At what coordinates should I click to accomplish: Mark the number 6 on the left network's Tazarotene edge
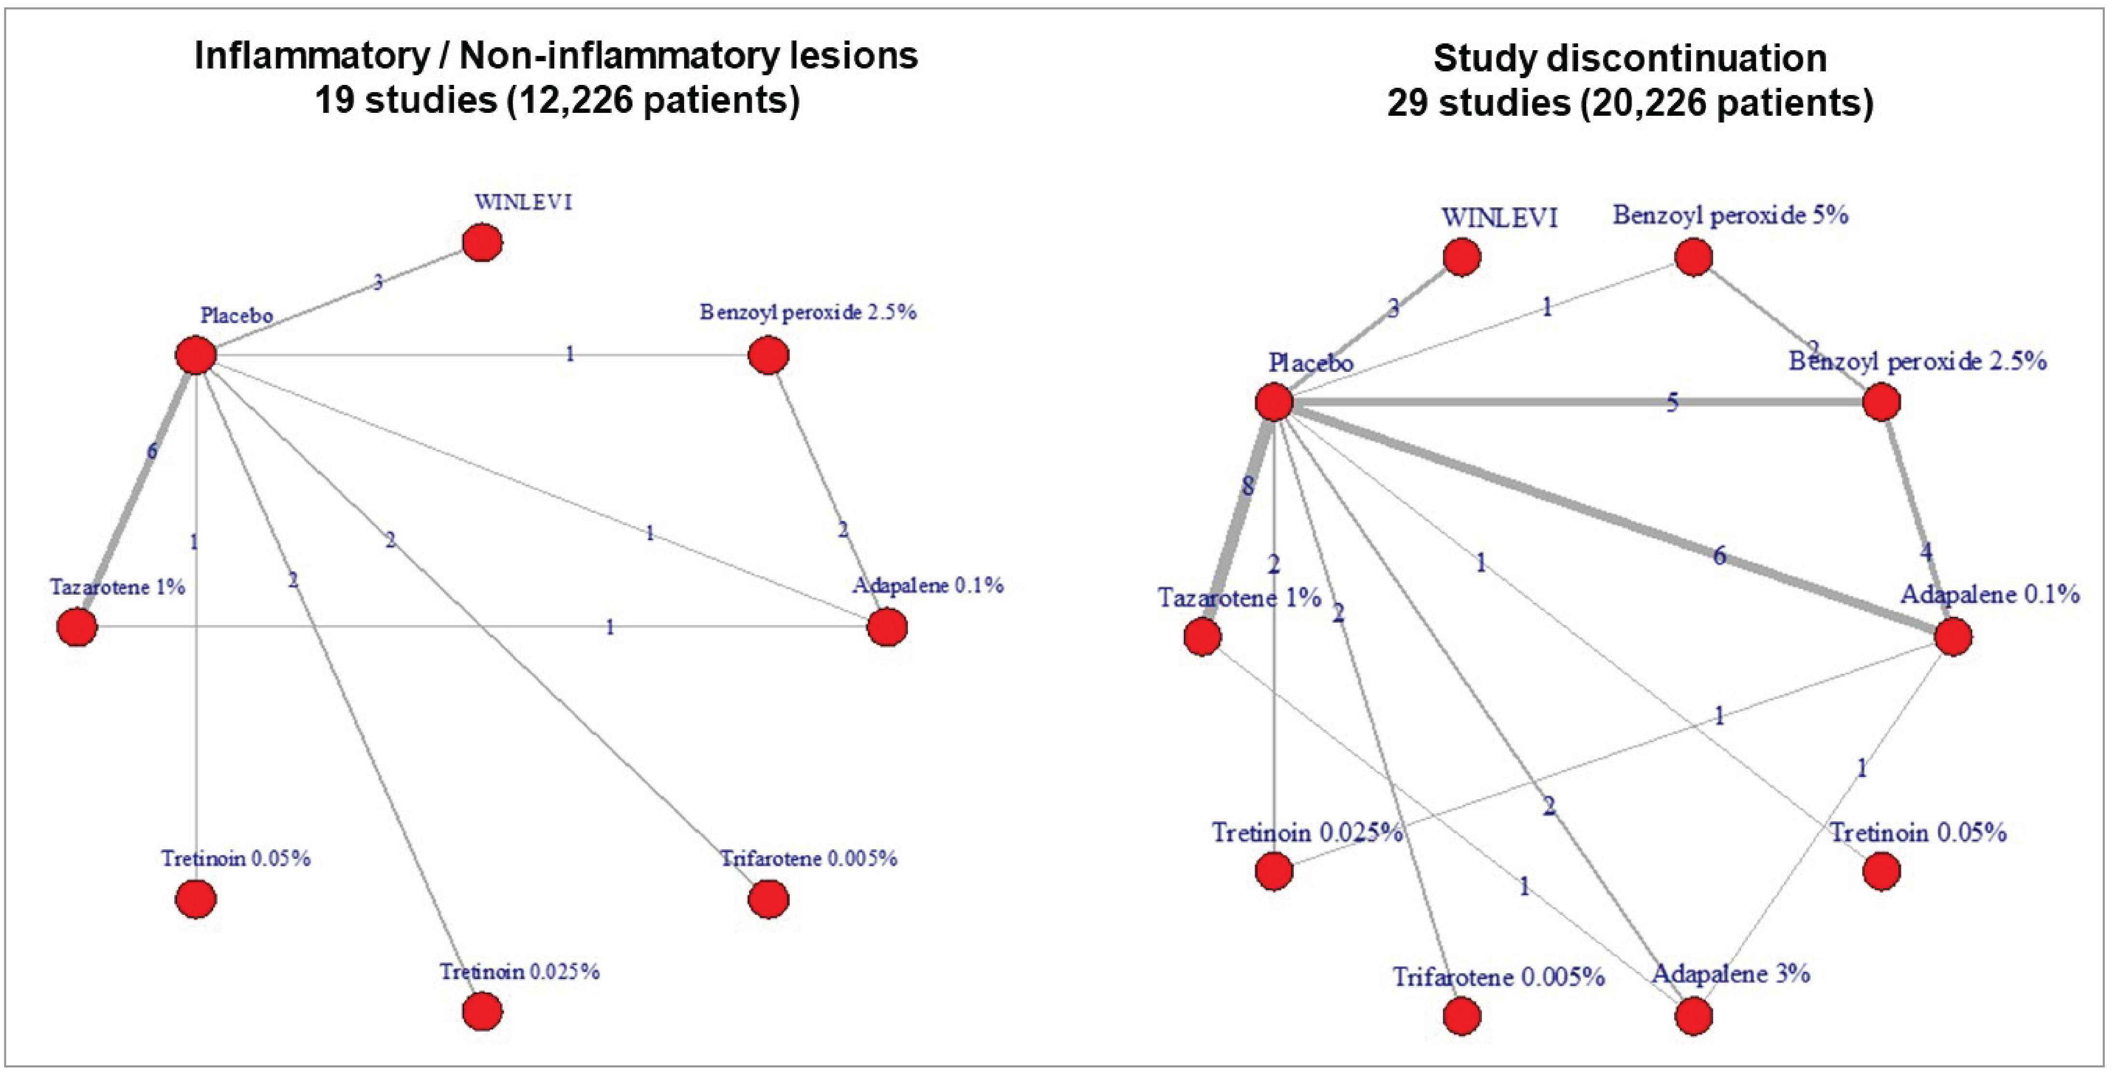coord(152,451)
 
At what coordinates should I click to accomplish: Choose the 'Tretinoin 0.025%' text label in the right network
coord(1307,832)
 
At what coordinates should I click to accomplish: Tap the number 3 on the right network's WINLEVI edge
coord(1393,308)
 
